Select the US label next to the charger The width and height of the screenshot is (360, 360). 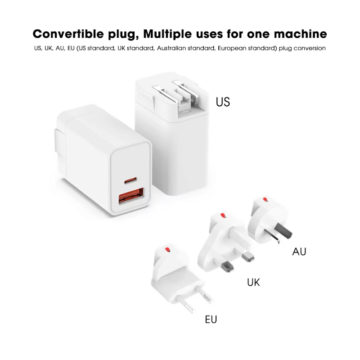tap(223, 102)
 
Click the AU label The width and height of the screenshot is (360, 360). tap(299, 251)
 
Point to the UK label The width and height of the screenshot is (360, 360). tap(253, 283)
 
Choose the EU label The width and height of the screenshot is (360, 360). tap(211, 319)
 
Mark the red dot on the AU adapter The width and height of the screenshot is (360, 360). tap(265, 199)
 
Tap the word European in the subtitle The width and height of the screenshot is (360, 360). tap(234, 48)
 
